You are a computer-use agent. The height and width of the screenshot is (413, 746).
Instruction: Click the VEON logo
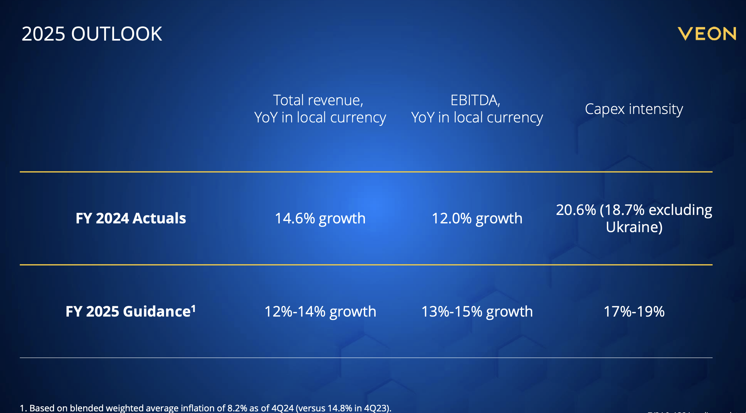pyautogui.click(x=707, y=34)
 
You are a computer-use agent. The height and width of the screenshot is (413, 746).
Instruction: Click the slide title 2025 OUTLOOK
pyautogui.click(x=92, y=34)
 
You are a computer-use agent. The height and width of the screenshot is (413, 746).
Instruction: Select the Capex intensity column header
pyautogui.click(x=634, y=109)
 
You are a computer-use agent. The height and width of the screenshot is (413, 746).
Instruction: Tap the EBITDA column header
pyautogui.click(x=477, y=109)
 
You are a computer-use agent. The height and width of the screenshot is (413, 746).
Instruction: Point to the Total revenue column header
pyautogui.click(x=320, y=109)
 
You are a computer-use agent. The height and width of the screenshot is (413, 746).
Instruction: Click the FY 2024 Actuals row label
pyautogui.click(x=131, y=218)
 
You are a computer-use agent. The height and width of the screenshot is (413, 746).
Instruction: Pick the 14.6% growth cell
pyautogui.click(x=320, y=218)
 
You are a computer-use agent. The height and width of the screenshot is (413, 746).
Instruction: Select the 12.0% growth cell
pyautogui.click(x=477, y=218)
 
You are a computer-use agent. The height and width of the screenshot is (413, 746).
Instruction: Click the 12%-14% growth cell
pyautogui.click(x=320, y=311)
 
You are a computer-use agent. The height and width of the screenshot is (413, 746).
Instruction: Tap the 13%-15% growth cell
pyautogui.click(x=477, y=311)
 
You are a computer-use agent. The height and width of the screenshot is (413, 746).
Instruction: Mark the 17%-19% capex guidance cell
pyautogui.click(x=634, y=311)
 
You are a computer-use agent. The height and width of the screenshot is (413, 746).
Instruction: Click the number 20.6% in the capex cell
pyautogui.click(x=576, y=210)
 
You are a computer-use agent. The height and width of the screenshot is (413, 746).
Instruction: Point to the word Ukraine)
pyautogui.click(x=634, y=227)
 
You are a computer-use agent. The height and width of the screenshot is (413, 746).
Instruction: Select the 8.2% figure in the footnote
pyautogui.click(x=237, y=408)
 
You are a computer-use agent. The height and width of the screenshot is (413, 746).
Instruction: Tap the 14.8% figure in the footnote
pyautogui.click(x=340, y=408)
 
